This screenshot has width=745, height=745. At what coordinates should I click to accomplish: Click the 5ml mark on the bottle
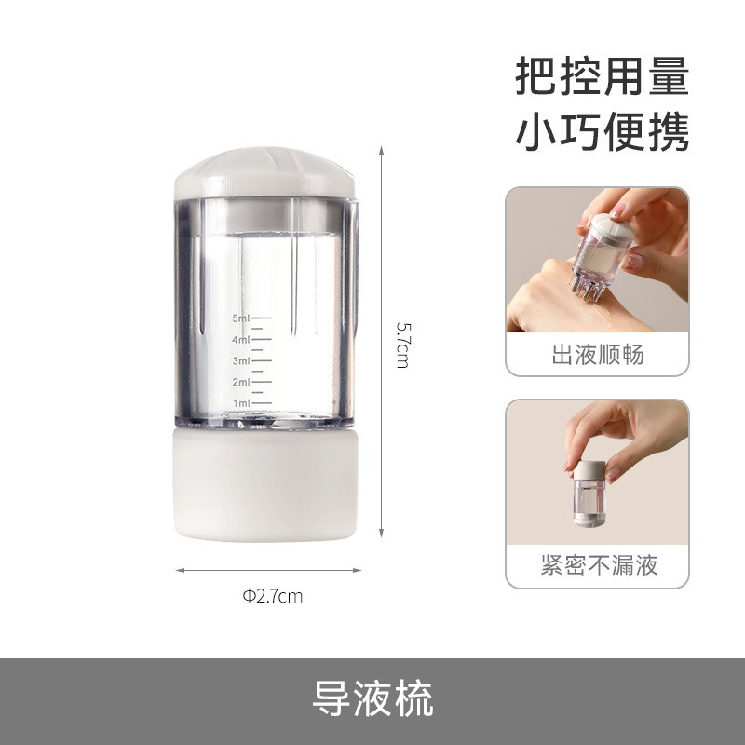click(x=241, y=318)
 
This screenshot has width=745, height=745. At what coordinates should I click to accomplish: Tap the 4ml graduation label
click(x=241, y=340)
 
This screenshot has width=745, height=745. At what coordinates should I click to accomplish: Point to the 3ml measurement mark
click(x=241, y=361)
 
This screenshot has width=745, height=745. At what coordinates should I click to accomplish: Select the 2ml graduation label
click(x=241, y=382)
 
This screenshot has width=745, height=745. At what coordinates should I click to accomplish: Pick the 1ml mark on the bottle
click(x=241, y=403)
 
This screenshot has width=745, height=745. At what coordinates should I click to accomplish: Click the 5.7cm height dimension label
click(x=402, y=345)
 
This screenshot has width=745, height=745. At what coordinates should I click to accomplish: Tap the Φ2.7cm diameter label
click(x=272, y=596)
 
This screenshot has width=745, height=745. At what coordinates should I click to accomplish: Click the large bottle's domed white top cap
click(x=264, y=172)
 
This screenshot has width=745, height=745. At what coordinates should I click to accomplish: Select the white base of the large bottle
click(x=264, y=483)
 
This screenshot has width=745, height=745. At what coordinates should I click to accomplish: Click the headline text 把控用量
click(x=602, y=76)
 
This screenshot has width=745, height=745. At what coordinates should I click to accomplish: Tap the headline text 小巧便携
click(x=602, y=131)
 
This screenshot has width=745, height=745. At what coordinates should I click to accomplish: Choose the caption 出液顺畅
click(x=598, y=355)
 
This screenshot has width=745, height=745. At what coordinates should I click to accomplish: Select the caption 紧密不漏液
click(x=599, y=565)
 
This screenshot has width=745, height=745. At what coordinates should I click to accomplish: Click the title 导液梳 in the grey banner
click(x=372, y=698)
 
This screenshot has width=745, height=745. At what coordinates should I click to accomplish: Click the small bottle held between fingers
click(x=589, y=493)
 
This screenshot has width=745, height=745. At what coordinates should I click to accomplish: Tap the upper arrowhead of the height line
click(x=381, y=150)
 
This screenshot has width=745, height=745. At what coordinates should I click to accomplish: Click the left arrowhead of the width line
click(x=180, y=570)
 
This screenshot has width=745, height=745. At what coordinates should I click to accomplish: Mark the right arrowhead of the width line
click(x=358, y=570)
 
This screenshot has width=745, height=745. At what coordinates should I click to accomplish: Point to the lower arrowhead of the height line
click(x=381, y=534)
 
